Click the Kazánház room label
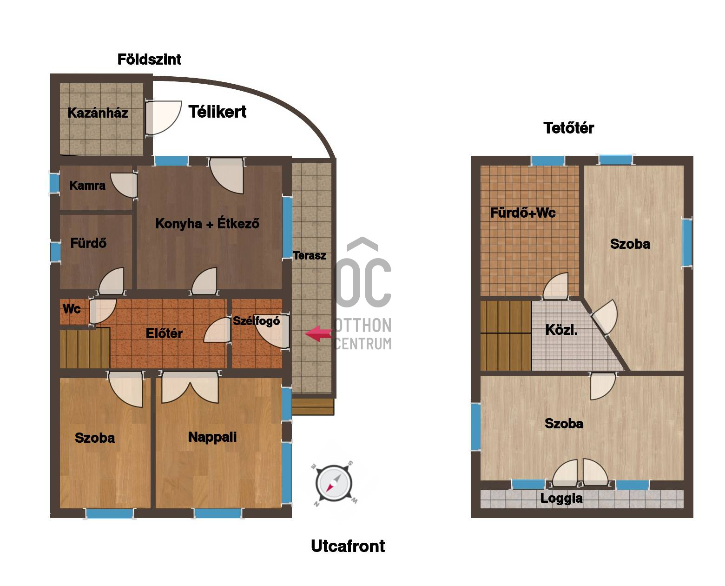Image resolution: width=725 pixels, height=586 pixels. (x=98, y=113)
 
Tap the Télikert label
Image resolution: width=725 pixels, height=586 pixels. (x=217, y=112)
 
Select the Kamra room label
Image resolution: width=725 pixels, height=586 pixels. (x=87, y=186)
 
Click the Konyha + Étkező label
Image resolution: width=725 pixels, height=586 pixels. (x=207, y=223)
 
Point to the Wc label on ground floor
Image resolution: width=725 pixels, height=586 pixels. (x=72, y=309)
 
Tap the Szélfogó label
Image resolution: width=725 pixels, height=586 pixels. (x=256, y=321)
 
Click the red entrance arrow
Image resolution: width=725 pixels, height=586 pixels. (x=318, y=333)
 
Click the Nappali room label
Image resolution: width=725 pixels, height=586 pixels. (x=212, y=437)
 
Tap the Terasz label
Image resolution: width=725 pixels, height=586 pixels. (x=310, y=255)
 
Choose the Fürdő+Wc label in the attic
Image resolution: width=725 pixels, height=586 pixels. (x=522, y=213)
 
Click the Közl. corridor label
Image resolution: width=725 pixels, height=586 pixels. (x=561, y=330)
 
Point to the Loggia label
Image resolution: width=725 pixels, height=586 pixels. (x=561, y=498)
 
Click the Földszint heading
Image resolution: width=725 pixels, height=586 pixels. (x=149, y=59)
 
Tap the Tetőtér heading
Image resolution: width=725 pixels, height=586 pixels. (x=568, y=128)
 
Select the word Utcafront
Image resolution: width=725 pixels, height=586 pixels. (x=348, y=546)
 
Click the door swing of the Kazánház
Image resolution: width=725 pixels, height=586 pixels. (x=163, y=118)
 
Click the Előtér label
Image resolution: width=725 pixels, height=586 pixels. (x=164, y=333)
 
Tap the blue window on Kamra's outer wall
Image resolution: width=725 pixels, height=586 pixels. (x=55, y=183)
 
